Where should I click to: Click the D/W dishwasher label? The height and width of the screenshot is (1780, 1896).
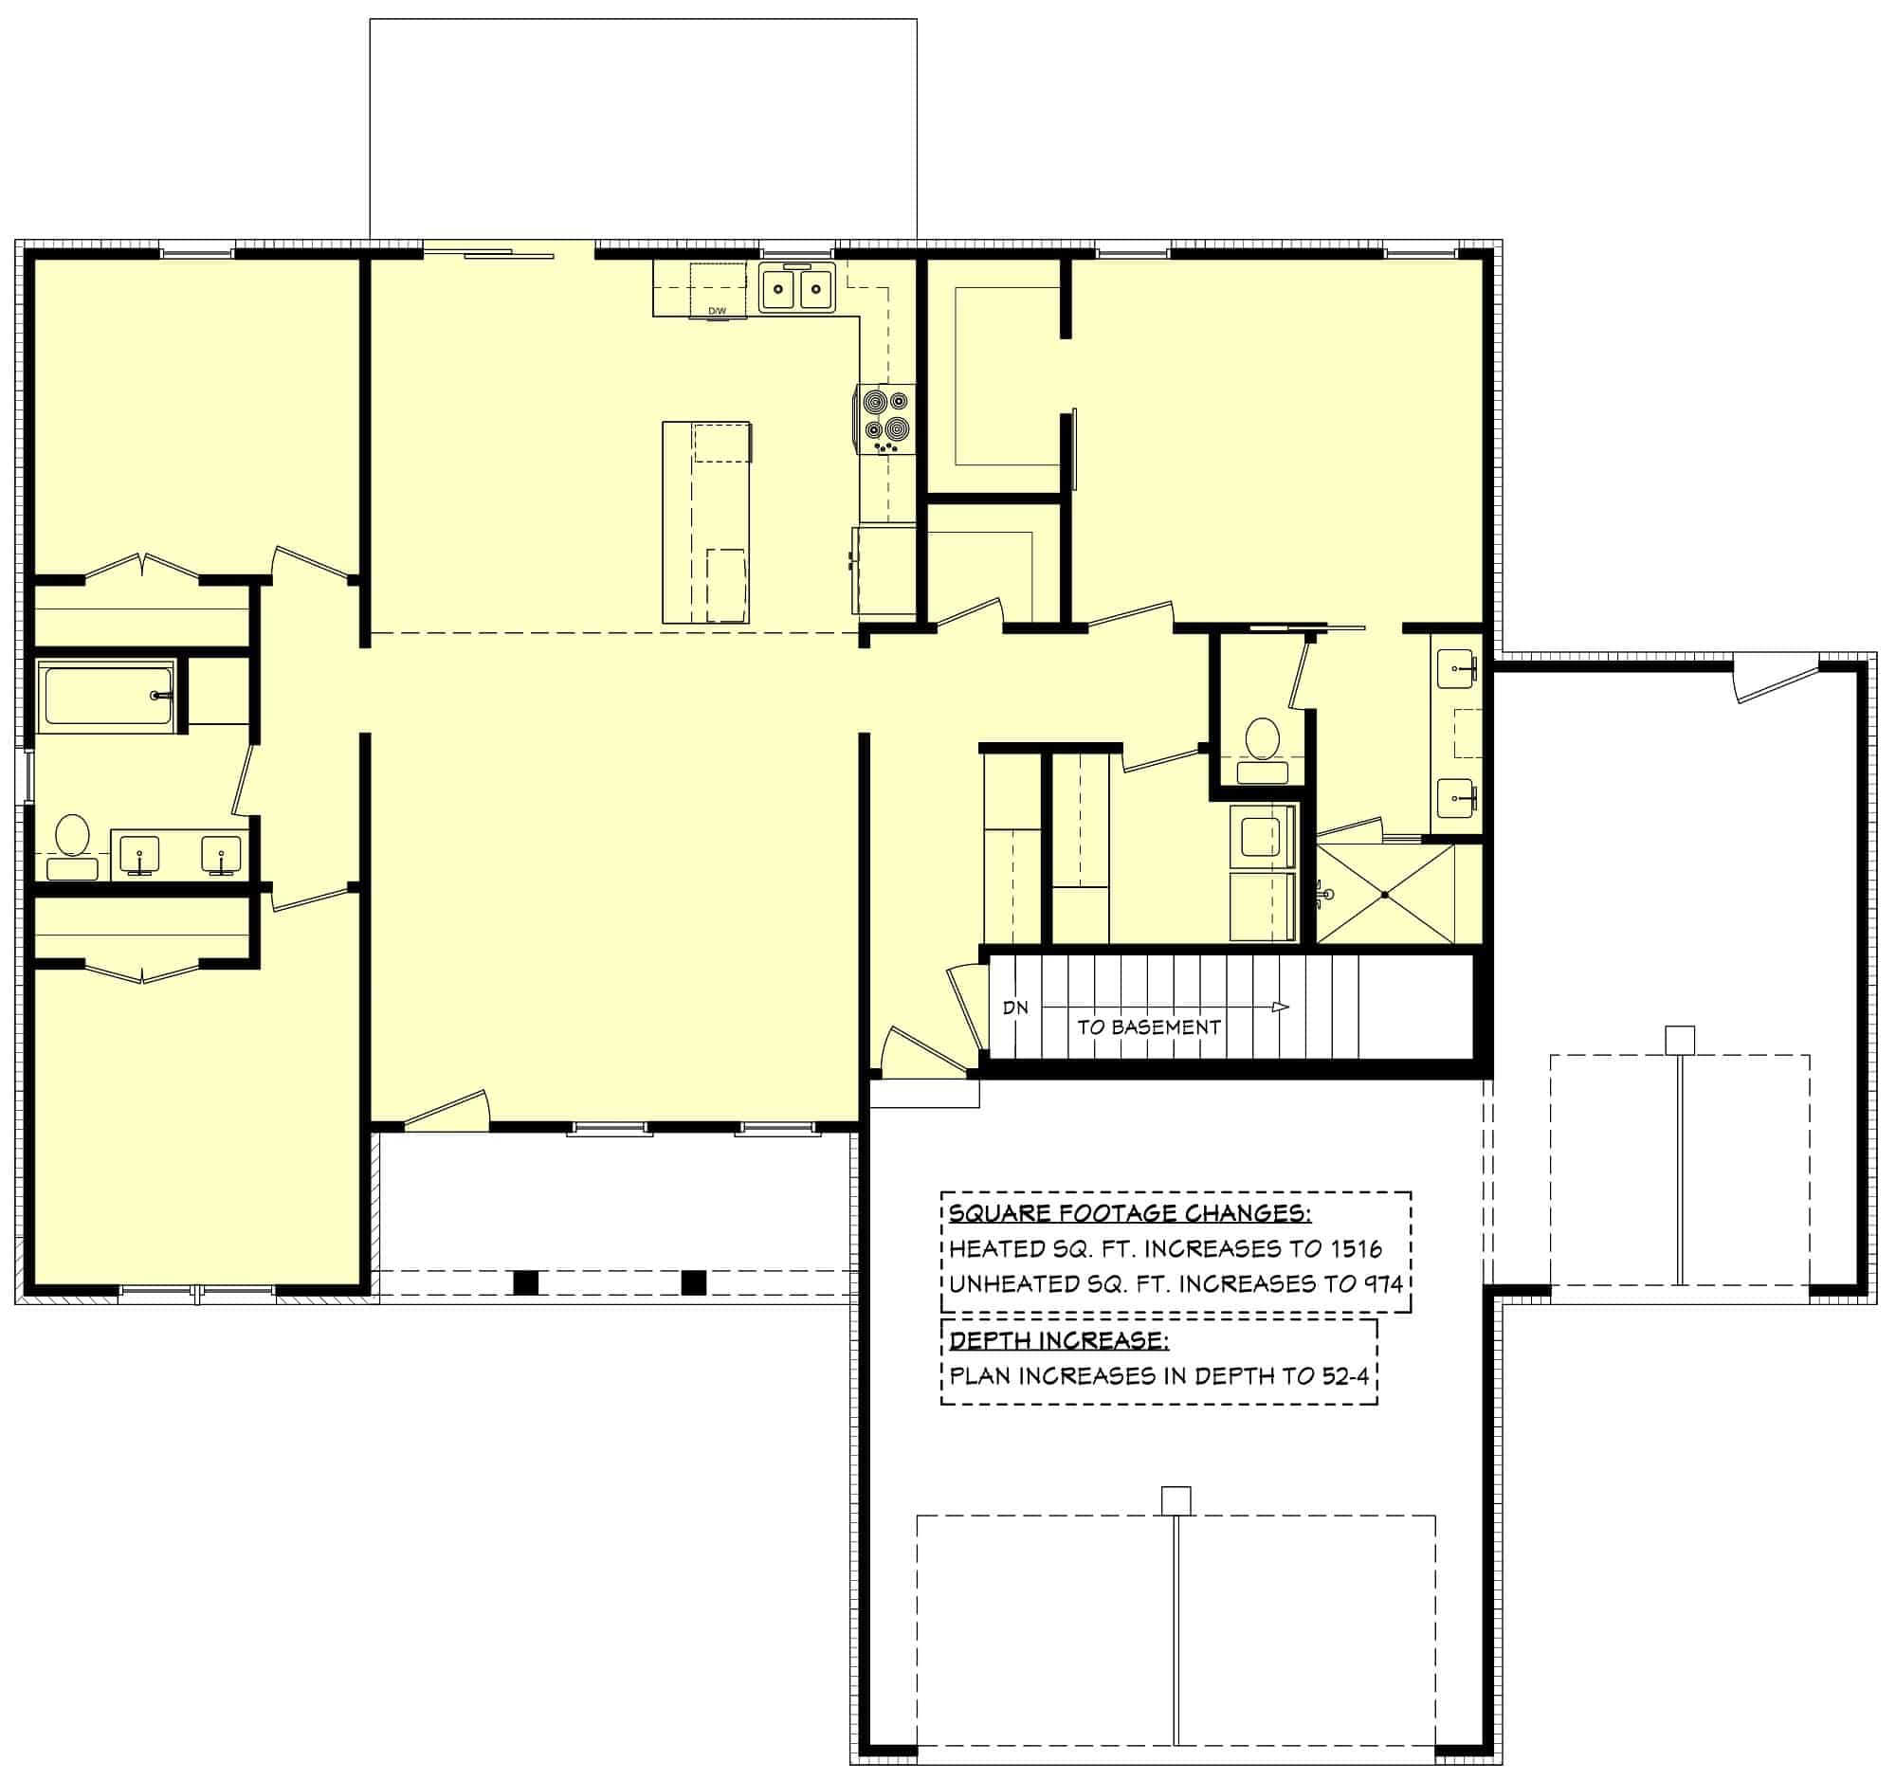[x=718, y=311]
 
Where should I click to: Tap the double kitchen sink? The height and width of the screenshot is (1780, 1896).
[x=796, y=288]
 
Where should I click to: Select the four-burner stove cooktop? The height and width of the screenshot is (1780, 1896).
[x=886, y=420]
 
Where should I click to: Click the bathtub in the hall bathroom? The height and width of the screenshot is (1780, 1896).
[x=106, y=696]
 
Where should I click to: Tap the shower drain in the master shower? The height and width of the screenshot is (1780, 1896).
[x=1385, y=895]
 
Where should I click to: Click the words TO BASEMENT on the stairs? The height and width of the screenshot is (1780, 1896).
[x=1148, y=1027]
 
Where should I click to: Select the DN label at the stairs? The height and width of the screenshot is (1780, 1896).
[x=1014, y=1008]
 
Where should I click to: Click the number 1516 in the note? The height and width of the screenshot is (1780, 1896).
[x=1355, y=1248]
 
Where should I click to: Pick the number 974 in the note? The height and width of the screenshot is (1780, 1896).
[x=1383, y=1283]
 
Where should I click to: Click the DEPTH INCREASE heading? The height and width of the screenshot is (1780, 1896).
[x=1059, y=1340]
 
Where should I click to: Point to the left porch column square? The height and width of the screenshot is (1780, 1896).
[x=525, y=1282]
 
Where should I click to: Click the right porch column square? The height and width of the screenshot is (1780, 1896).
[x=693, y=1282]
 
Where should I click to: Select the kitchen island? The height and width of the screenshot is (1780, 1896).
[x=705, y=522]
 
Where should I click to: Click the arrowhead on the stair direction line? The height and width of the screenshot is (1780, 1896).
[x=1281, y=1008]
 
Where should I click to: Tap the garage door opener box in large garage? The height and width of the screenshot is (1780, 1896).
[x=1176, y=1501]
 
